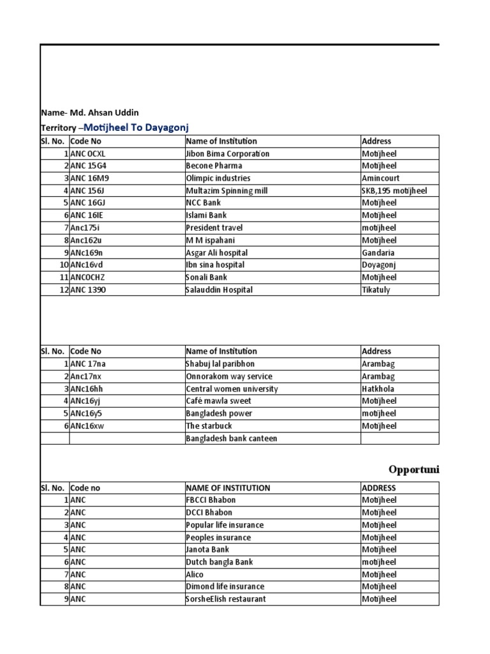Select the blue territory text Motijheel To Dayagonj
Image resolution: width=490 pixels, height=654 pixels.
point(136,127)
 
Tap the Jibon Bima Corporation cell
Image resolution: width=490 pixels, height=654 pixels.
point(227,153)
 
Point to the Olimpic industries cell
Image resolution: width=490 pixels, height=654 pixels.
point(218,178)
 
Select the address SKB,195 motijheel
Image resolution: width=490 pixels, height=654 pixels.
point(394,190)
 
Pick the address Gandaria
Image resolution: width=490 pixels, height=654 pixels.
point(378,252)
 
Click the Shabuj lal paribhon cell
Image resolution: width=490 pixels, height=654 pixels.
point(219,364)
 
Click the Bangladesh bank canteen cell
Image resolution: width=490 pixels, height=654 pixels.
point(231,438)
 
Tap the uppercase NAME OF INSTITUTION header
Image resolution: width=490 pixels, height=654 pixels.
point(228,488)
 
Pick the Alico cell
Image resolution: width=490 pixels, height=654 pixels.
point(195,574)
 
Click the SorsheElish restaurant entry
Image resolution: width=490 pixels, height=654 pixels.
point(225,599)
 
